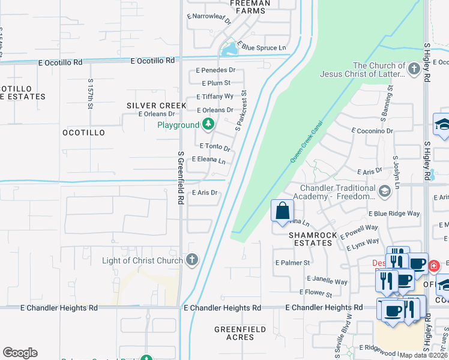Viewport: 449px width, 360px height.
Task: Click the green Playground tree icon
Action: point(208,125)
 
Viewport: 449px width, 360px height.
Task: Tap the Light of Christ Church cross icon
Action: point(191,260)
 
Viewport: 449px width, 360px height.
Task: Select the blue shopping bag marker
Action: point(282,211)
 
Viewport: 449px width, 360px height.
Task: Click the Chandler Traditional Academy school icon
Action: point(384,191)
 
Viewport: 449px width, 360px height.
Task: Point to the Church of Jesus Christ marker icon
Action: point(414,70)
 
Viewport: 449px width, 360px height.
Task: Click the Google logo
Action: point(20,353)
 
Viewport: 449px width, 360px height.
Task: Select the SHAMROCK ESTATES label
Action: point(310,239)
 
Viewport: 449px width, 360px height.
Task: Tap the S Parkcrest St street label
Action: point(241,111)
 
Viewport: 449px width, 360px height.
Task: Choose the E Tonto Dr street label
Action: point(215,147)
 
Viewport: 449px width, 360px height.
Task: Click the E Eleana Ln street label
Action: point(208,161)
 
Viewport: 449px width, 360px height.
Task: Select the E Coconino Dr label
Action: point(372,130)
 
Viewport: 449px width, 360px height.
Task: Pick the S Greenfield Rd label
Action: point(180,177)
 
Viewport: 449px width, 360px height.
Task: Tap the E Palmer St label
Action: point(292,263)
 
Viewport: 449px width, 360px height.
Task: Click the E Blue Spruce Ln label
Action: point(261,46)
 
